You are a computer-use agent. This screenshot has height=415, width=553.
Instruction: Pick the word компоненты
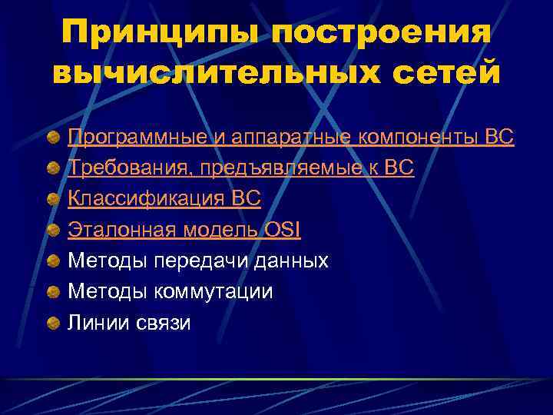tap(409, 138)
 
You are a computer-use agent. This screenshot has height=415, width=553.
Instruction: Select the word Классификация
tap(147, 199)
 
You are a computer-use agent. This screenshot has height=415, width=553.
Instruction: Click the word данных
tap(293, 261)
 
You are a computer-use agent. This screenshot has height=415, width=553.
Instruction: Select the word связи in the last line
tap(163, 322)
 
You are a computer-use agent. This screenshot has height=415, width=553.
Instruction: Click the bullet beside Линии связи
tap(52, 323)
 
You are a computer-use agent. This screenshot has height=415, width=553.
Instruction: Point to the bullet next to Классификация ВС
tap(52, 200)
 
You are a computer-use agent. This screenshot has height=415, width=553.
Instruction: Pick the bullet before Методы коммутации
tap(52, 292)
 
